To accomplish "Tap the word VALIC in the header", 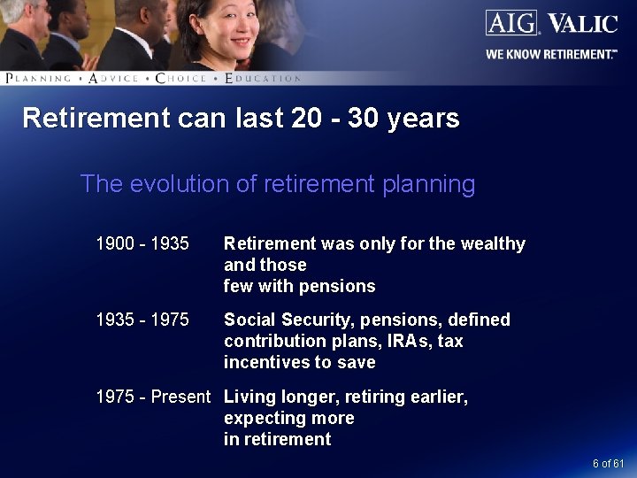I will pos(581,23).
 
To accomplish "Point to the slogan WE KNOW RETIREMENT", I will pos(550,55).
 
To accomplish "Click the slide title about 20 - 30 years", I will pos(241,119).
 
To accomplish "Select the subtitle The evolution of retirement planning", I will pos(278,184).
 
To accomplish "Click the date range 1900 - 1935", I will pos(142,243).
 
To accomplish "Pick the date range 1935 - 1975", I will pos(142,320).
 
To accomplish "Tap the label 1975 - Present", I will pos(153,397).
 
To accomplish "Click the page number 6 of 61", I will pos(608,464).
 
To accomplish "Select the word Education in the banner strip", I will pos(263,78).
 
